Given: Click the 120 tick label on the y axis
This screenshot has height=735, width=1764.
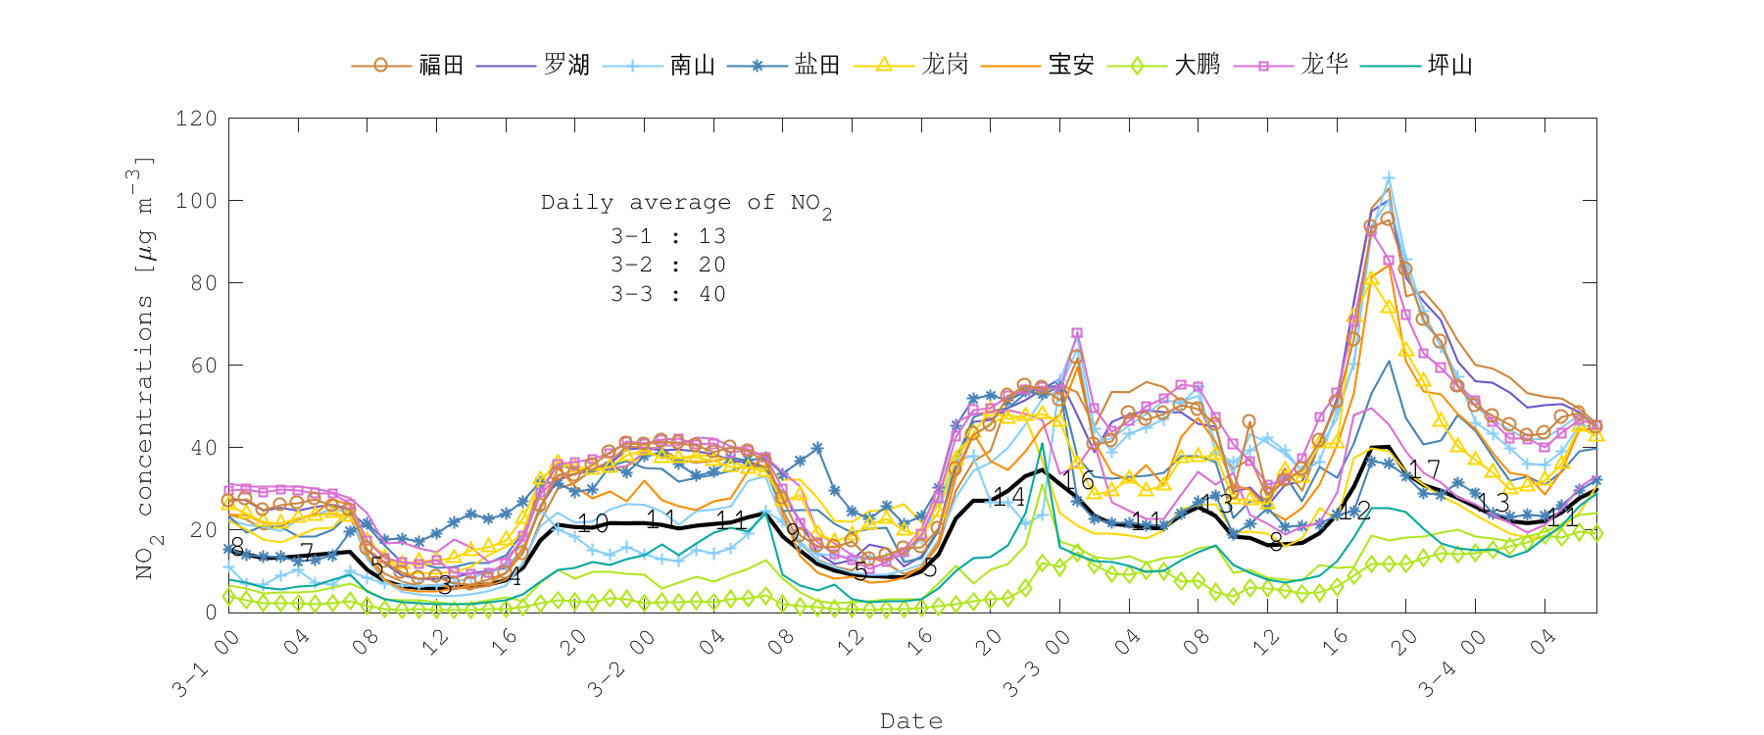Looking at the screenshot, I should [196, 119].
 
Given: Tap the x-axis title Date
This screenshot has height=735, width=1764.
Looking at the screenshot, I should [911, 721].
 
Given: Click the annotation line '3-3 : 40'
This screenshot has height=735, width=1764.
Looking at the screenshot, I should [668, 294].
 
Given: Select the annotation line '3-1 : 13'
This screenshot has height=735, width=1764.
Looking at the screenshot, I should [668, 236].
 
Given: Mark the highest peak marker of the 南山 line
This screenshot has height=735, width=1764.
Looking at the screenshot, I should [1388, 178].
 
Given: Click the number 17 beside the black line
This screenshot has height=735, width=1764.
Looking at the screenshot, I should [1425, 469].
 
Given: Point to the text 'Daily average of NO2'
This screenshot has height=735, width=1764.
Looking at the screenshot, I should [686, 203].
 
